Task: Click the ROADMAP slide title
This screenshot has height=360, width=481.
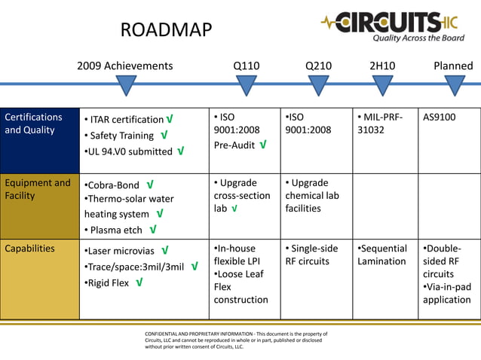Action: point(166,30)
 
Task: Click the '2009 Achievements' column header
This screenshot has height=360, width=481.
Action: point(124,66)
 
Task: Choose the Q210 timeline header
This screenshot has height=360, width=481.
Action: point(318,66)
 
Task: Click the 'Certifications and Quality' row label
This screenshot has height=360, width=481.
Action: point(34,124)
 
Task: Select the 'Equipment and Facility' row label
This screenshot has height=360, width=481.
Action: point(38,189)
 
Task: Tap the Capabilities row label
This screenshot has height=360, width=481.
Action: point(30,249)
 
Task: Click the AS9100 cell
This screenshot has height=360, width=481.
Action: point(440,117)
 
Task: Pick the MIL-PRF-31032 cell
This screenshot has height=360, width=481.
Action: point(378,124)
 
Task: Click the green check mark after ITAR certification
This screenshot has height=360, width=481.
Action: point(170,120)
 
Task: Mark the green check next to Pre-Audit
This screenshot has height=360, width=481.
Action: point(262,144)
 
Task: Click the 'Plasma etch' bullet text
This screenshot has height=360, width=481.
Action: point(116,230)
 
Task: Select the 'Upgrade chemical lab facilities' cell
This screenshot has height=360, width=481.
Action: point(308,196)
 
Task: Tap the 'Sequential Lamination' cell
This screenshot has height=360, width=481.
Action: point(382,255)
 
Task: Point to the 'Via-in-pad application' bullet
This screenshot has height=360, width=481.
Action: point(447,294)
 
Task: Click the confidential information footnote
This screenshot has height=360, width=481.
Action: point(236,340)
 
